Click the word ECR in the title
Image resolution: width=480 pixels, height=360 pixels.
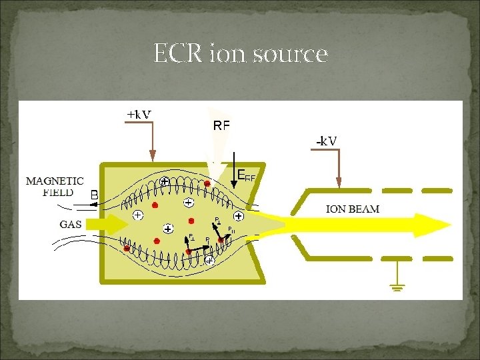[x=175, y=53]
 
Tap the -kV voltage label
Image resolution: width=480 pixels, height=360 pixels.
[x=326, y=141]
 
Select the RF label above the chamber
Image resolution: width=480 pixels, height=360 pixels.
[x=221, y=125]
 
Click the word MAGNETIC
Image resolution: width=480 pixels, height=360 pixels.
[x=55, y=181]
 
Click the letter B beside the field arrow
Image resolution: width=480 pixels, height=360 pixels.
[x=94, y=195]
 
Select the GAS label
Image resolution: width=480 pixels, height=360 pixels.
[x=71, y=224]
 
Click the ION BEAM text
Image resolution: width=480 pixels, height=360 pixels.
[x=353, y=209]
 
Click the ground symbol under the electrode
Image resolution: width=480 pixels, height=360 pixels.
[x=399, y=287]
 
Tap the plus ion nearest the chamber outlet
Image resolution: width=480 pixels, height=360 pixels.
[x=239, y=217]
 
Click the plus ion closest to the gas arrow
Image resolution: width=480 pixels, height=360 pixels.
[x=137, y=215]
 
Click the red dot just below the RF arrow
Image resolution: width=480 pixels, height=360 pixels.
[x=207, y=183]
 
